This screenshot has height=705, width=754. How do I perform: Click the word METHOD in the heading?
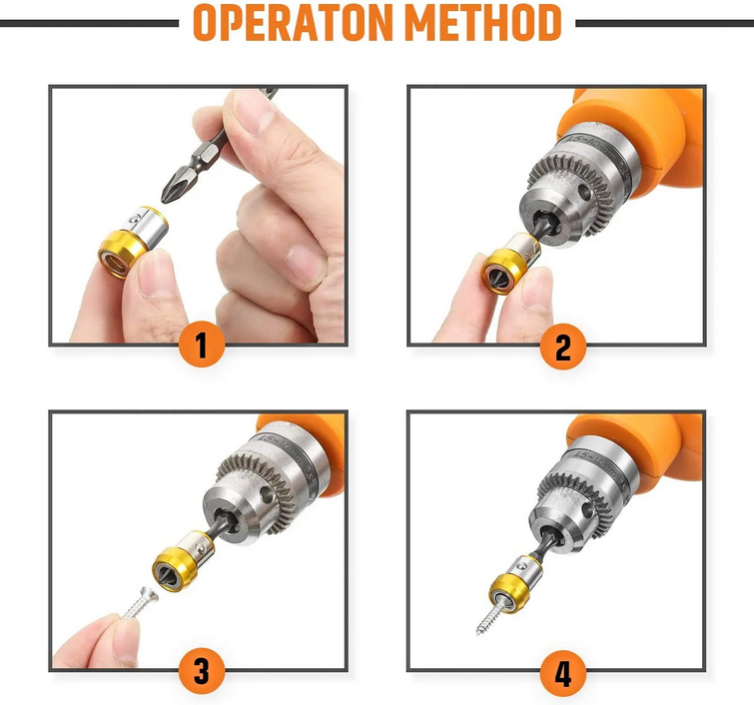tap(483, 23)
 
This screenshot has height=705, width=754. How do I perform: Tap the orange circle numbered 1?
tap(202, 346)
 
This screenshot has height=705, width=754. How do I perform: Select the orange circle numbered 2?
tap(563, 348)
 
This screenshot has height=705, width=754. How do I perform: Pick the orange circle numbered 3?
tap(202, 671)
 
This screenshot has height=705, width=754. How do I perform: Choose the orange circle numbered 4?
tap(563, 672)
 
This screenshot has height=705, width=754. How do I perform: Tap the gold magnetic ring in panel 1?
tap(123, 254)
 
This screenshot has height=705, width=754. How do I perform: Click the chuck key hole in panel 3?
tap(266, 495)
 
